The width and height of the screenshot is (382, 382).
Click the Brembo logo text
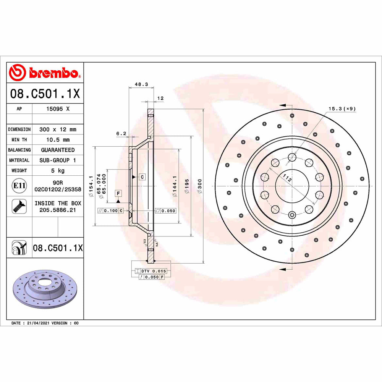(x=53, y=73)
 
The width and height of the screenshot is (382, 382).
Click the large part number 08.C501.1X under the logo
(x=45, y=94)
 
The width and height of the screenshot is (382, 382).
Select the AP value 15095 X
(x=58, y=109)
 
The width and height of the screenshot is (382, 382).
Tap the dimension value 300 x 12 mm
(x=58, y=129)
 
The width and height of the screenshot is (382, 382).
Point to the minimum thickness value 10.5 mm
(x=58, y=140)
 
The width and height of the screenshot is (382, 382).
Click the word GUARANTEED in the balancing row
(x=58, y=150)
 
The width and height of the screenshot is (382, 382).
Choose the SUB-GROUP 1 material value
(x=58, y=160)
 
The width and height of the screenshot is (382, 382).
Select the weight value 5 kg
(x=58, y=171)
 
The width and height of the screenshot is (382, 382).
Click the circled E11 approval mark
(x=19, y=186)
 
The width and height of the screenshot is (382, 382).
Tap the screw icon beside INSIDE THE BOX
(x=19, y=206)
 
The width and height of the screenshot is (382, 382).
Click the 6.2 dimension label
(x=121, y=133)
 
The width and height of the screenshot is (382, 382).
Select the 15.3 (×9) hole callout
(x=342, y=109)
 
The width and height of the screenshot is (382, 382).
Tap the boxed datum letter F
(x=118, y=193)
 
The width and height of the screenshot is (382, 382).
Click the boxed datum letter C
(x=142, y=177)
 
